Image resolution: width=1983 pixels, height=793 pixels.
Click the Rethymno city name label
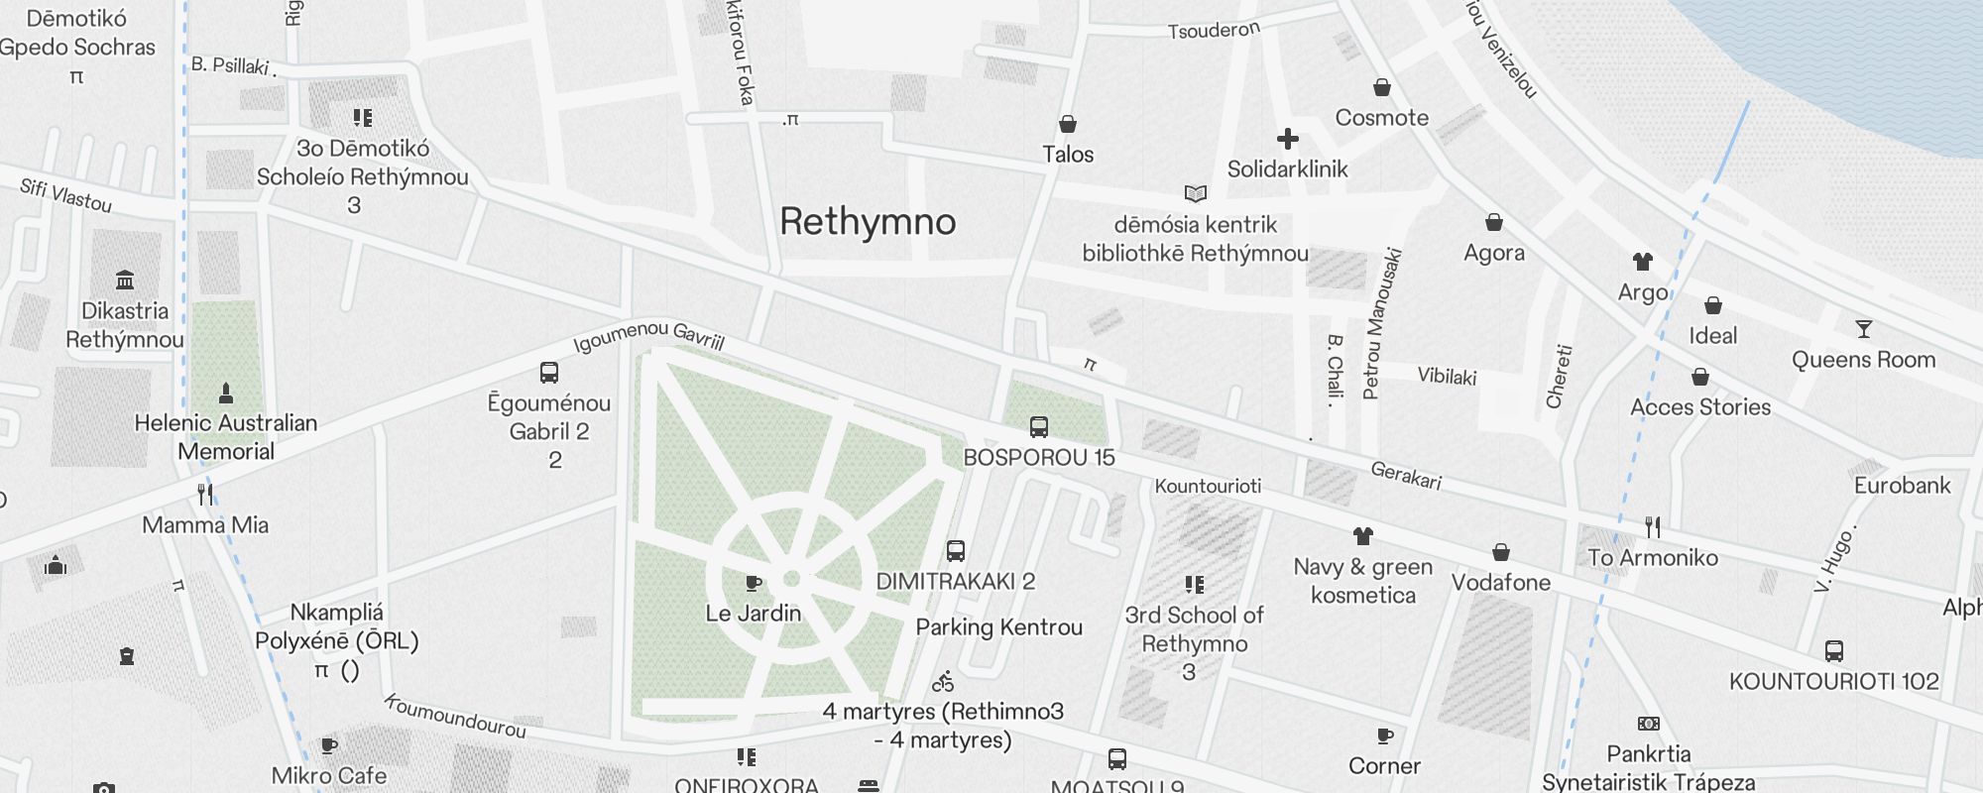click(x=868, y=221)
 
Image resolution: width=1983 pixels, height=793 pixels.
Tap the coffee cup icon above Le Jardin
click(x=753, y=583)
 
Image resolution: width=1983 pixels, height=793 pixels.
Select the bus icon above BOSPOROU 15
click(x=1038, y=427)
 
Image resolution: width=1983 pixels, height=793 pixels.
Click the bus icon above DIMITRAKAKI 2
click(x=955, y=551)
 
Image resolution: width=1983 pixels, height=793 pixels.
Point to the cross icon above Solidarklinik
click(x=1287, y=139)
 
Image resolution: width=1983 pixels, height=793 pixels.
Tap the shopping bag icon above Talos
click(x=1067, y=124)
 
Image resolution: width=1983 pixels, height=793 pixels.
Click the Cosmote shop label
click(x=1381, y=117)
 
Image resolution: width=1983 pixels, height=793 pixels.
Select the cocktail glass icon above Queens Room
click(x=1863, y=329)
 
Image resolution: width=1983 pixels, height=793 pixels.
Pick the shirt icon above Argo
click(x=1642, y=262)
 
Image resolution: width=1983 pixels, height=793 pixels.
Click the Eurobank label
click(x=1902, y=485)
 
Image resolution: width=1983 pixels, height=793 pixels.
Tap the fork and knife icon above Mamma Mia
click(x=205, y=494)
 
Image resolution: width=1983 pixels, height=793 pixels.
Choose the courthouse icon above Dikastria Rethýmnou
click(x=124, y=281)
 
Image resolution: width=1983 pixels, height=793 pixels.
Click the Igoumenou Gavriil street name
click(x=648, y=336)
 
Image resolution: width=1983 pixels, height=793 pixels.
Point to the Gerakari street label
click(x=1405, y=476)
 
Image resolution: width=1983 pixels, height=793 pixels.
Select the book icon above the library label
click(x=1195, y=193)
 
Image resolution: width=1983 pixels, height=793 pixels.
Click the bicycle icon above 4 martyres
click(x=943, y=682)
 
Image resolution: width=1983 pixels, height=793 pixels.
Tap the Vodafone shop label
click(x=1500, y=582)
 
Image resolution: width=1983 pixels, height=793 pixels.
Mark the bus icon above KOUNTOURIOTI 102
click(x=1833, y=651)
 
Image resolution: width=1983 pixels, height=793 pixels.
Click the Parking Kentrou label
click(x=998, y=626)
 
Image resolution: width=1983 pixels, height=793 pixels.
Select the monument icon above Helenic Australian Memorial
click(x=226, y=393)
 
